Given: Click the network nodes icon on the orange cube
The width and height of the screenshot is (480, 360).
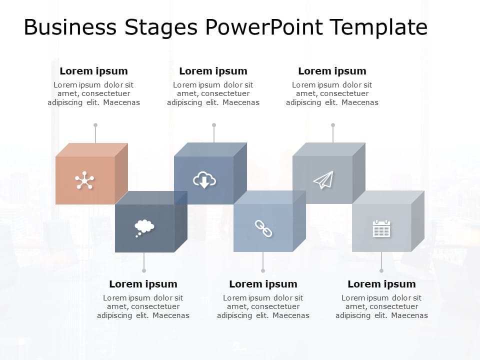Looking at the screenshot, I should (84, 180).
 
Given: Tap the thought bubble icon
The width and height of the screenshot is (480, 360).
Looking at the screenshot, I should (144, 227).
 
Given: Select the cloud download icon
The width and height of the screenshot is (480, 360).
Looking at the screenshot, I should (204, 180).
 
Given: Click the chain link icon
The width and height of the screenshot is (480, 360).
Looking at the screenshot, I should (263, 228).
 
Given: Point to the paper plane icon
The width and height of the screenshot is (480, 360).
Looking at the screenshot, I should (323, 180).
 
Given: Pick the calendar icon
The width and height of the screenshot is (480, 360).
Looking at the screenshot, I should (381, 228).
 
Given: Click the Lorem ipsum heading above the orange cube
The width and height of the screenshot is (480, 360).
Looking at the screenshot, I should (93, 71).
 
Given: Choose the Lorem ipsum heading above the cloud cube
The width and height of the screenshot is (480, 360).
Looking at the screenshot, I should (213, 71).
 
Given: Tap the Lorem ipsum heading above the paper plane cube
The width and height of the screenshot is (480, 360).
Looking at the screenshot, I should (332, 71).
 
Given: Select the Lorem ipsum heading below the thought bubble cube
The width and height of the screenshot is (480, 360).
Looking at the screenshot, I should (143, 284).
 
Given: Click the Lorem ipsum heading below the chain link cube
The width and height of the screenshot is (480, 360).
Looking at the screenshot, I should (263, 284).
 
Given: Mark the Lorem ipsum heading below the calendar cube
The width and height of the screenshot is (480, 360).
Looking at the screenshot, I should (381, 284).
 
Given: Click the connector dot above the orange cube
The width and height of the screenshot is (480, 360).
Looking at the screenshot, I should (95, 125).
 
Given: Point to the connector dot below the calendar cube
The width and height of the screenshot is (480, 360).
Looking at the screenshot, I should (381, 270).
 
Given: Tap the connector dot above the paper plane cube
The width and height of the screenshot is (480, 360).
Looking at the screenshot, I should (333, 125).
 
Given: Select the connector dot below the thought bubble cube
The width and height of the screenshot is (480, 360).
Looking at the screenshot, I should (144, 270).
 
